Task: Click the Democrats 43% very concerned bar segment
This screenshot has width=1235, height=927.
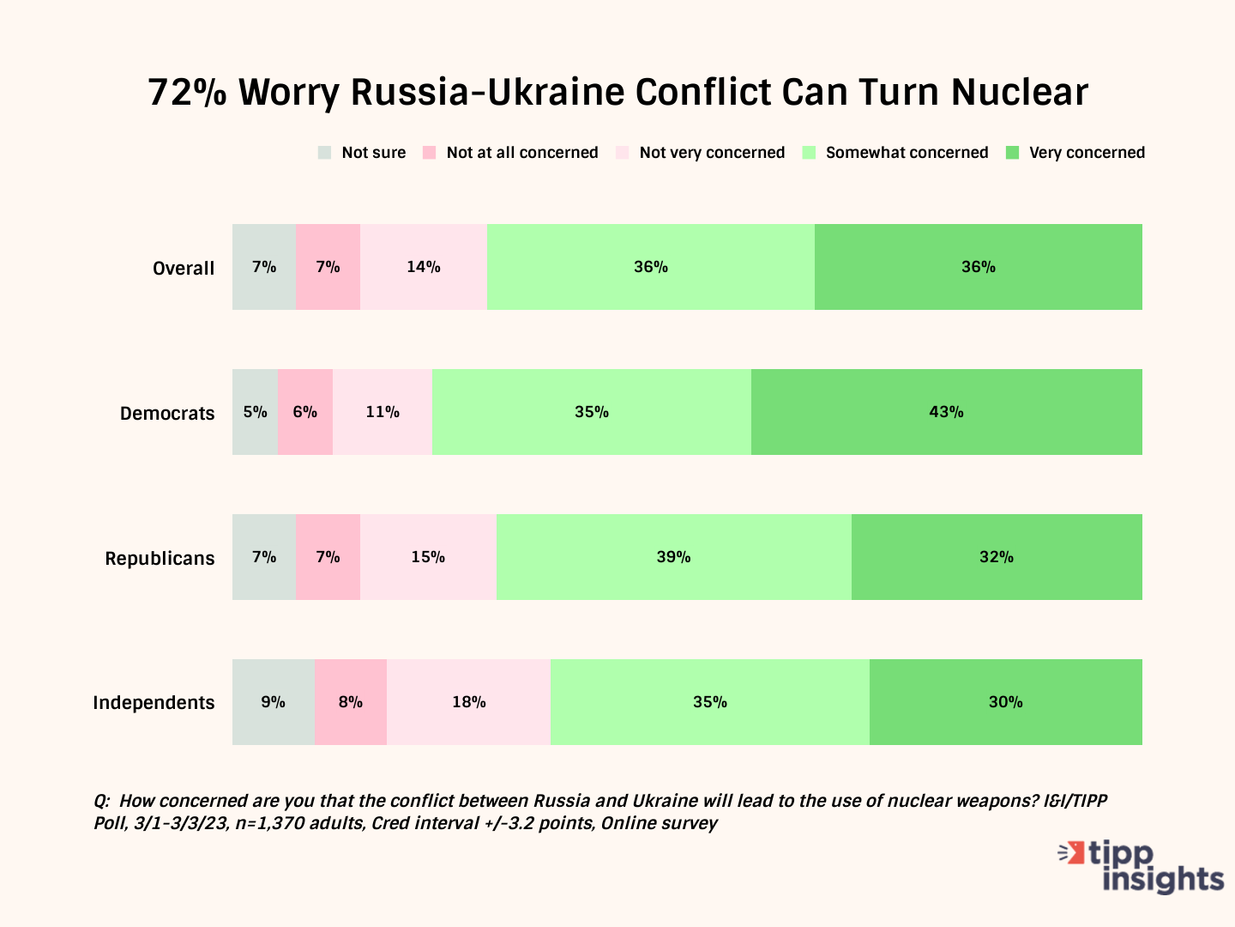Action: pyautogui.click(x=946, y=412)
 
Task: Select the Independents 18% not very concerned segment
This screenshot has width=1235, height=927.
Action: pyautogui.click(x=468, y=702)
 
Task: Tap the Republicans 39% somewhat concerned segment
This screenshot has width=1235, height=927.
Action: pyautogui.click(x=673, y=557)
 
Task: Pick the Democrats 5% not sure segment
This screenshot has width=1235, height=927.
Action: pyautogui.click(x=255, y=412)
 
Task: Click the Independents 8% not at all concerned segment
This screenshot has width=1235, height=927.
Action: pyautogui.click(x=350, y=702)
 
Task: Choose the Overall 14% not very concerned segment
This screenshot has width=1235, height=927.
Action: pyautogui.click(x=423, y=267)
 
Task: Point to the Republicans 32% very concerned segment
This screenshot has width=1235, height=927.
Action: pyautogui.click(x=997, y=557)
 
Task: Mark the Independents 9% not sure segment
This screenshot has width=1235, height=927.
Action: pyautogui.click(x=273, y=702)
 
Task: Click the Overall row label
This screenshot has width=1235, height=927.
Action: pyautogui.click(x=184, y=268)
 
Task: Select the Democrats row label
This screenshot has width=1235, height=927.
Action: pyautogui.click(x=167, y=413)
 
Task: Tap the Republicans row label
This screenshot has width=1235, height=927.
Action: pyautogui.click(x=160, y=558)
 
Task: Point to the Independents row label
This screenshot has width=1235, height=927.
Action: pyautogui.click(x=154, y=703)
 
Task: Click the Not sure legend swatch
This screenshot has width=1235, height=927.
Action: pyautogui.click(x=324, y=153)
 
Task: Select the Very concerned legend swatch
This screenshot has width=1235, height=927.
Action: pyautogui.click(x=1012, y=153)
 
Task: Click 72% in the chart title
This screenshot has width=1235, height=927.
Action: pyautogui.click(x=187, y=92)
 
